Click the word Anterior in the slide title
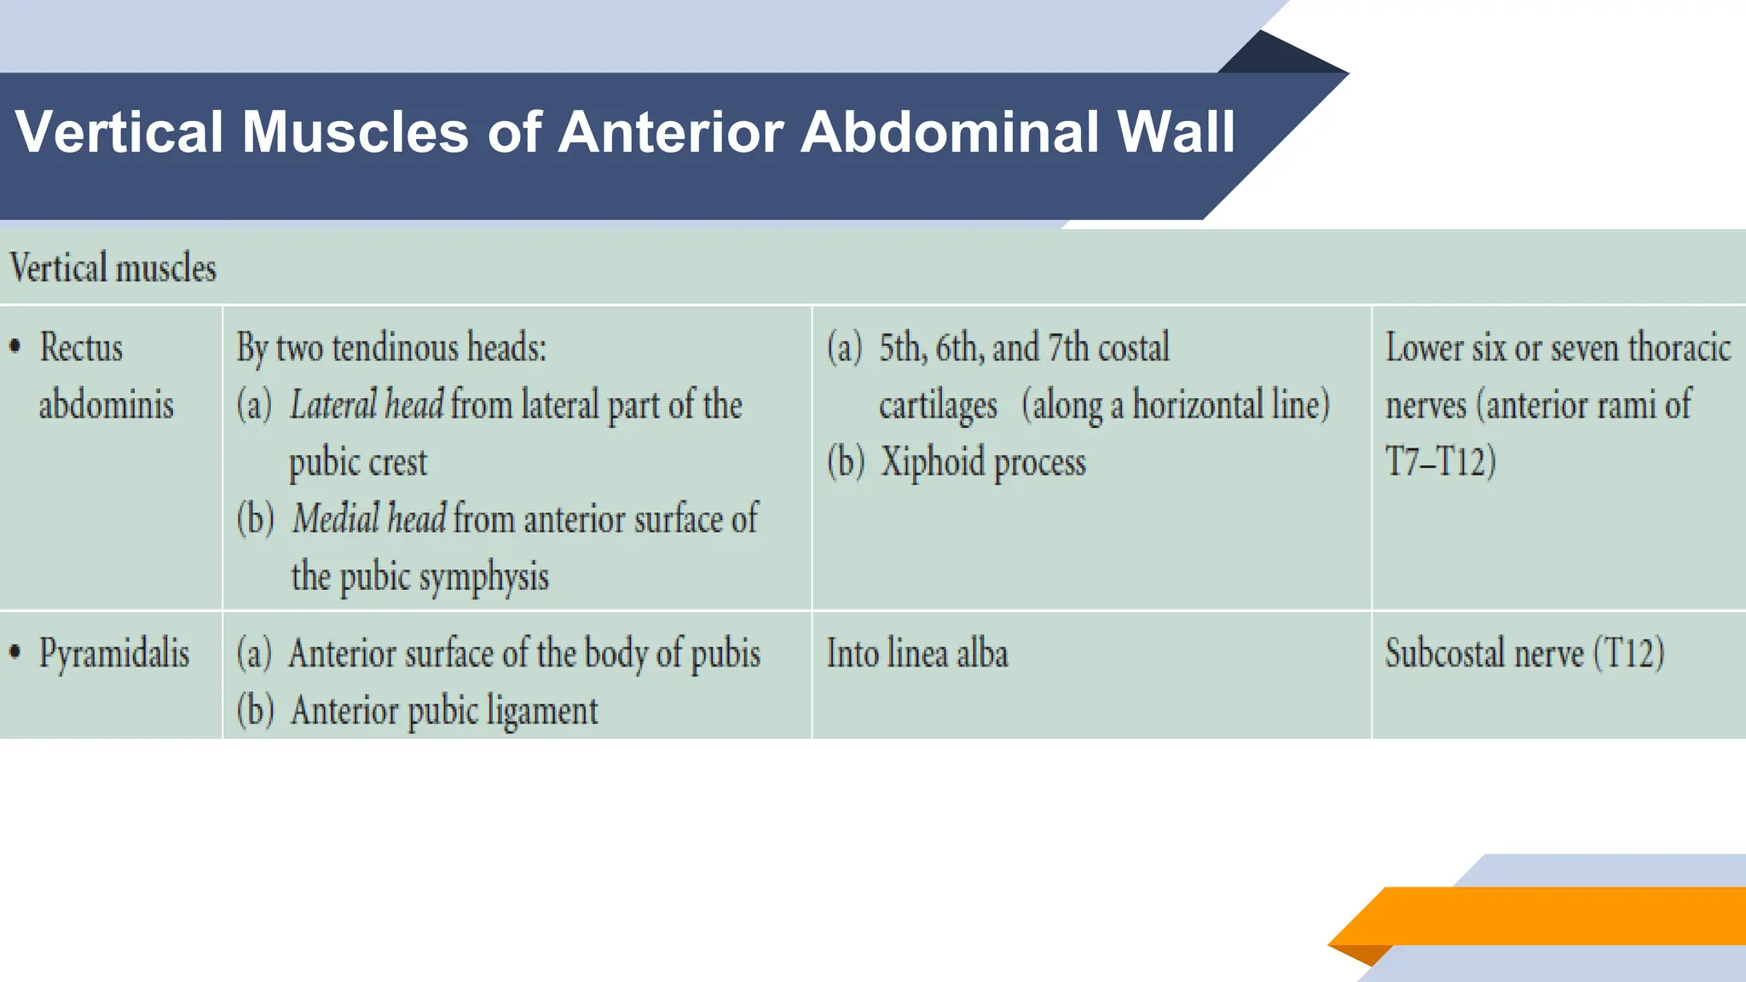coord(668,133)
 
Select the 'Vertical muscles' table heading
coord(113,269)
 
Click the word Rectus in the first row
coord(81,348)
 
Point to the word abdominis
coord(106,405)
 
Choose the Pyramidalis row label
coord(114,654)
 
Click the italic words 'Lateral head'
coord(367,405)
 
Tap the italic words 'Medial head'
coord(369,519)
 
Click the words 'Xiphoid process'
coord(983,462)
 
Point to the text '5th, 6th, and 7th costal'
coord(1024,348)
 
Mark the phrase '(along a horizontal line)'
coord(1176,405)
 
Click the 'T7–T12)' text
coord(1441,462)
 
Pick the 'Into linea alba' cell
coord(917,654)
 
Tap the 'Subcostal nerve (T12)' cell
coord(1524,654)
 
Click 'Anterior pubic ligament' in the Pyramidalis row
coord(444,711)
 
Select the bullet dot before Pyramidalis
coord(14,653)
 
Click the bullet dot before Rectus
coord(14,347)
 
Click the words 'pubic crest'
coord(358,463)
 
